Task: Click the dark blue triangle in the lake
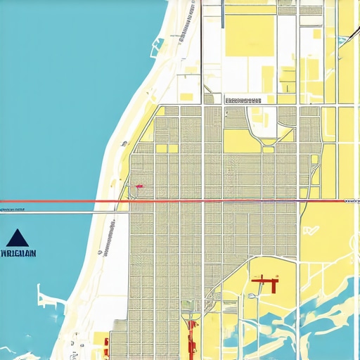pos(19,237)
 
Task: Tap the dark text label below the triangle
pos(20,252)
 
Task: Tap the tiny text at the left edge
pos(12,210)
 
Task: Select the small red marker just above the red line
pos(139,186)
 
